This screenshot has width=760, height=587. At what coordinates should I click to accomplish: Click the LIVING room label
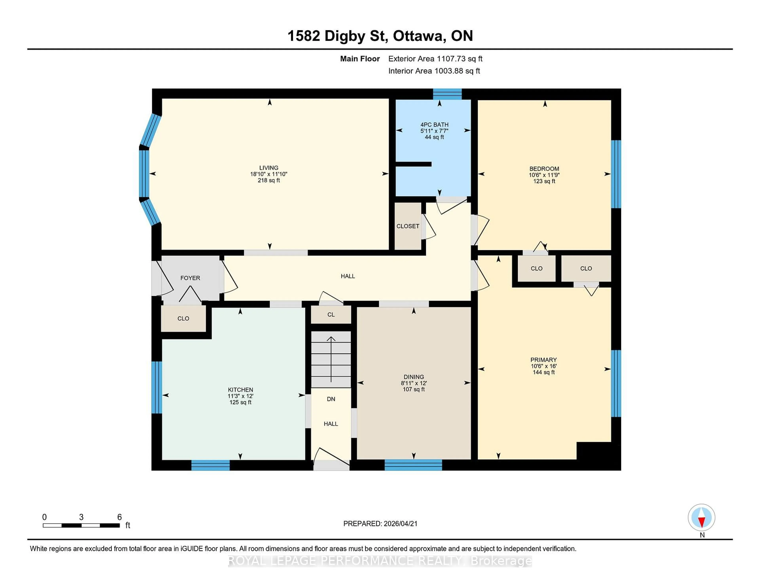tap(268, 168)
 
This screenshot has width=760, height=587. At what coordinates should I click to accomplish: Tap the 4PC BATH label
tap(434, 124)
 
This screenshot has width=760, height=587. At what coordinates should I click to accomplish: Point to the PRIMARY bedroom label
tap(543, 360)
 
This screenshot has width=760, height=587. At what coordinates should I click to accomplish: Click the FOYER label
tap(190, 278)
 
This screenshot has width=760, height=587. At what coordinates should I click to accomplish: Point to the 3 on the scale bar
tap(81, 517)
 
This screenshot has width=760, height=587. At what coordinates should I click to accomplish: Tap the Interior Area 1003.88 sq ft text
tap(434, 71)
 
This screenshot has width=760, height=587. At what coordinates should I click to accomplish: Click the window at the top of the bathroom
tap(447, 94)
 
